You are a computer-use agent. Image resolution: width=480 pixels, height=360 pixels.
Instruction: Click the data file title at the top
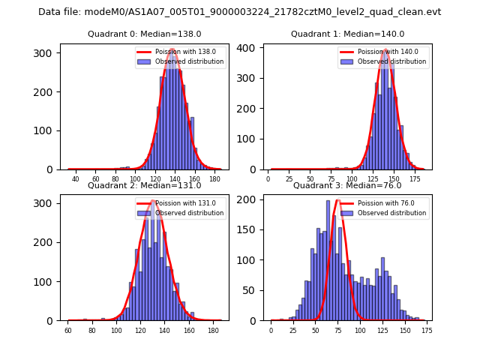(240, 12)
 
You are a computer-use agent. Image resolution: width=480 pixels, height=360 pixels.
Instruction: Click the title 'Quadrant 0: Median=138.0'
(145, 34)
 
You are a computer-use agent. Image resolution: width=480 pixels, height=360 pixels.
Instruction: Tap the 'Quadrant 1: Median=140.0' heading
(347, 34)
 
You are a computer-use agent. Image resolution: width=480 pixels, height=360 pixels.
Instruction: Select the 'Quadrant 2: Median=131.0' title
(145, 185)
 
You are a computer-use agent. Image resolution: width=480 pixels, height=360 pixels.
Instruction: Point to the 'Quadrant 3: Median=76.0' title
(347, 185)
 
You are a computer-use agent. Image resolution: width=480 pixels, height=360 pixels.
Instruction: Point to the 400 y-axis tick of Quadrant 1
(250, 47)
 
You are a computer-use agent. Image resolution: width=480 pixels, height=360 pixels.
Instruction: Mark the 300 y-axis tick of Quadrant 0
(48, 53)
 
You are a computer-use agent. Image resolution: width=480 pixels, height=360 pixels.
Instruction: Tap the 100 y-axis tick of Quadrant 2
(48, 281)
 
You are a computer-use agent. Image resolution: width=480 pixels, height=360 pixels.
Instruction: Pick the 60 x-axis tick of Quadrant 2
(68, 330)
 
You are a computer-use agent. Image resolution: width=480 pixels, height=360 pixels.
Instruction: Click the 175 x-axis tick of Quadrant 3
(427, 330)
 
